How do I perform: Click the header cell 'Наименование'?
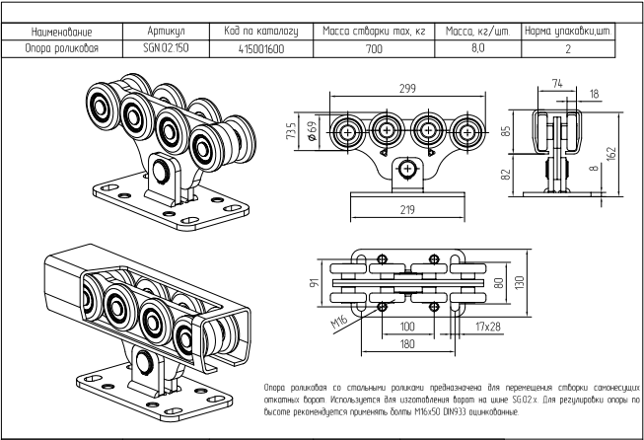(62, 32)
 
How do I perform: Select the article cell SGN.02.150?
(166, 48)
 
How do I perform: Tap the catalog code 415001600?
(261, 49)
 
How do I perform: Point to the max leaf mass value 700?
(374, 49)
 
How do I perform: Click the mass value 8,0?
(477, 48)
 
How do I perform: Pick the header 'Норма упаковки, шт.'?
(568, 32)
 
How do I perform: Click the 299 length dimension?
(407, 89)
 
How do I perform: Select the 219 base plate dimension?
(407, 209)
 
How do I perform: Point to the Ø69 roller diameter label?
(313, 131)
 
